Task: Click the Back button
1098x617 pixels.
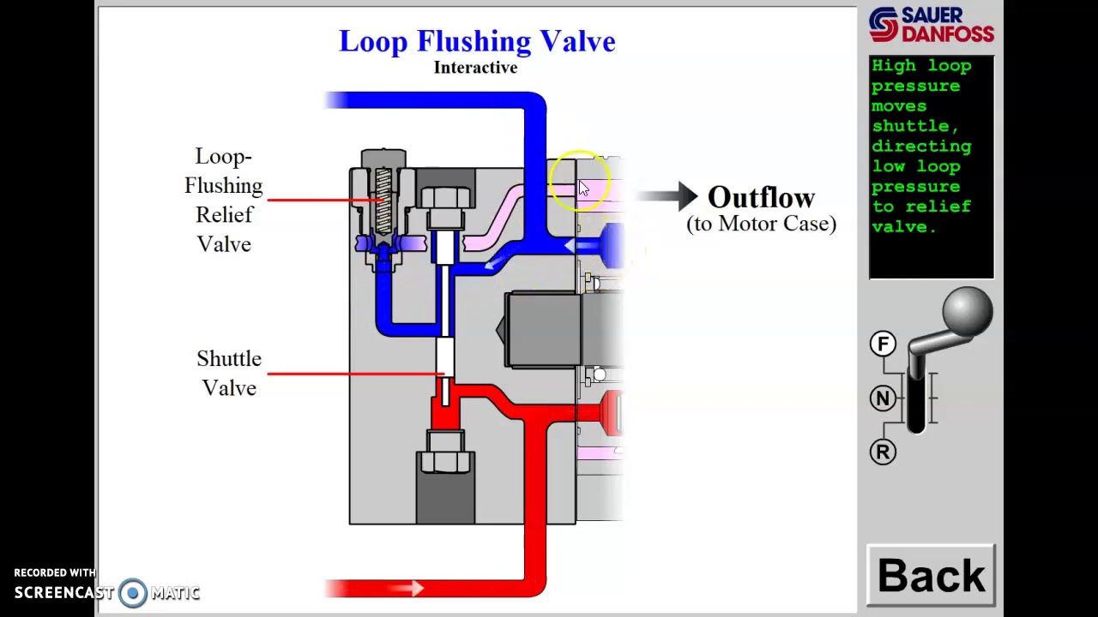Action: (931, 576)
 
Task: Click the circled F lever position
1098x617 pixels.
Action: (883, 344)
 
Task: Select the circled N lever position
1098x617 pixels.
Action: (883, 398)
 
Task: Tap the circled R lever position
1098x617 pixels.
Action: (883, 452)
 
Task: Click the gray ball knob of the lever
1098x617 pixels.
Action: (967, 311)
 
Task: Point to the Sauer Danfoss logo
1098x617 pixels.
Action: (931, 25)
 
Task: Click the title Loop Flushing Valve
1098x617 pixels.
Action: (477, 41)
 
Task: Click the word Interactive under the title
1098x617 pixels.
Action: (475, 68)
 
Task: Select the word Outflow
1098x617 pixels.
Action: (761, 197)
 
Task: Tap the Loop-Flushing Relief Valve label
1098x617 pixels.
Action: (223, 201)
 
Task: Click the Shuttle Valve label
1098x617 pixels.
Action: (229, 374)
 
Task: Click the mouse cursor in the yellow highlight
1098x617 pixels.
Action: (583, 188)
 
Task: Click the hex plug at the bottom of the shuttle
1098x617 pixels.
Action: (445, 452)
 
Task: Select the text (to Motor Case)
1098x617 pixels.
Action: (761, 224)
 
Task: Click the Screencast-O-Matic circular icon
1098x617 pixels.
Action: (133, 593)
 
